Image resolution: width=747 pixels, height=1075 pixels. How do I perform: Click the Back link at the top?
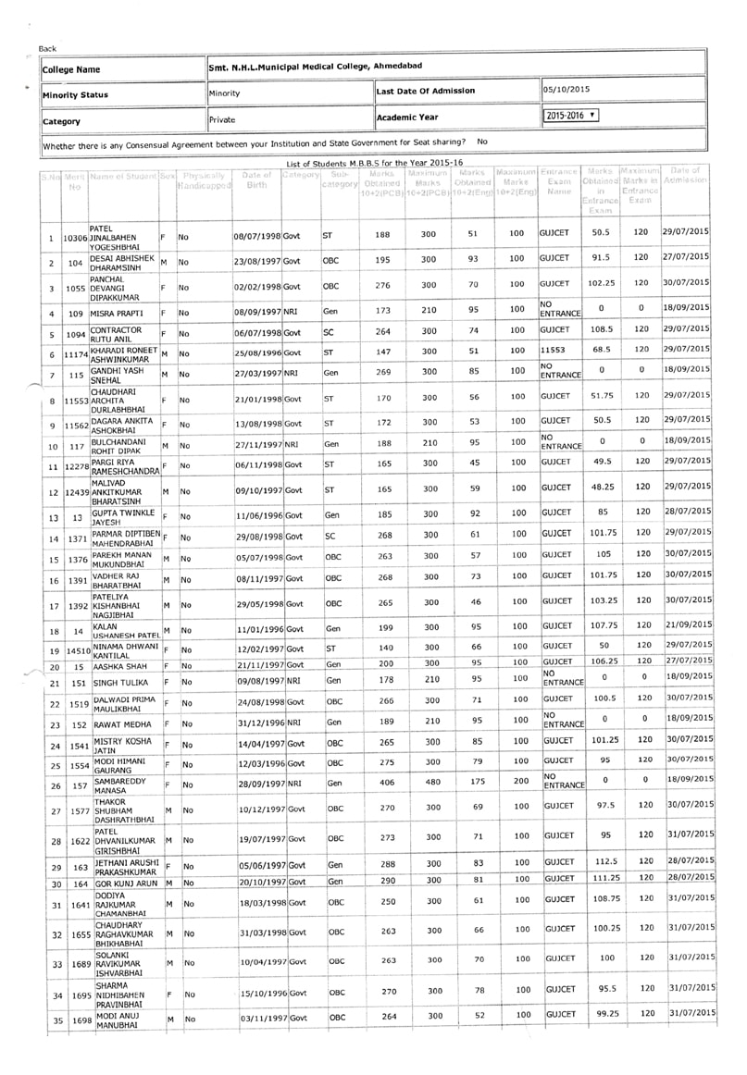point(47,49)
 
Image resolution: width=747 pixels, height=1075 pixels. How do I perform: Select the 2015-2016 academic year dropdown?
point(571,117)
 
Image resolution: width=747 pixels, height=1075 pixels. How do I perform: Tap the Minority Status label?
point(75,94)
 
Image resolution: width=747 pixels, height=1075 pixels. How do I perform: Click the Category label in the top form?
point(61,121)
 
